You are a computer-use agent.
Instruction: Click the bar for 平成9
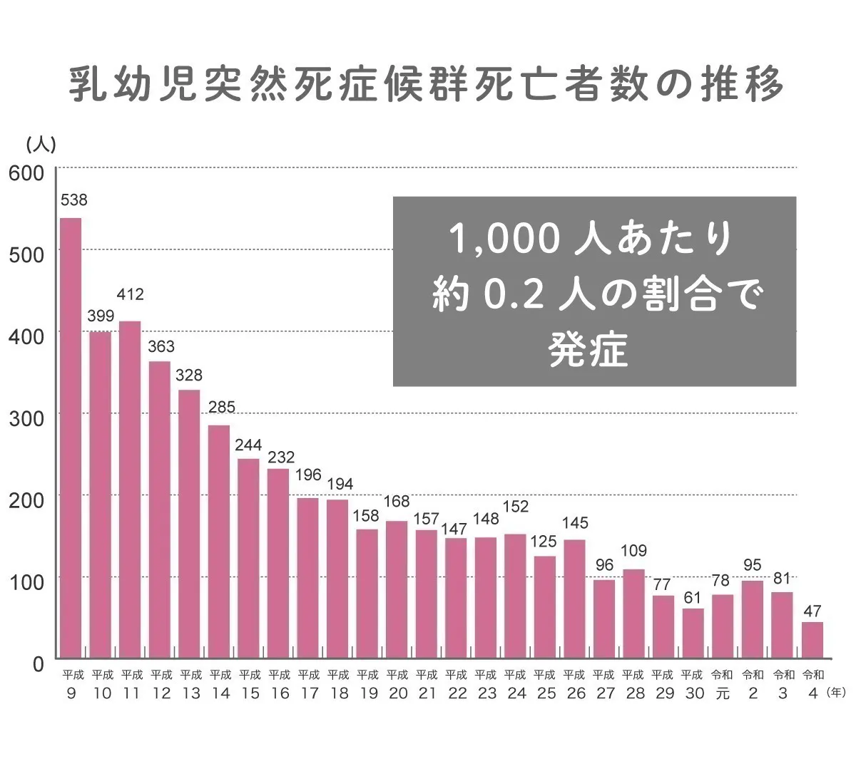point(71,438)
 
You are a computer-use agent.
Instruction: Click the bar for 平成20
point(397,589)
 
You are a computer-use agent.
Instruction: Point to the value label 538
point(74,200)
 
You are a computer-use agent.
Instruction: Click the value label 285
point(221,408)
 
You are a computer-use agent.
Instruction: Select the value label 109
point(634,551)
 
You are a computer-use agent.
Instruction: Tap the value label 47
point(812,611)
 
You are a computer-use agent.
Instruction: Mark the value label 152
point(516,507)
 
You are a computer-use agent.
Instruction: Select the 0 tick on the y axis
point(38,664)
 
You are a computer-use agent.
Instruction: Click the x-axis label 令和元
point(723,684)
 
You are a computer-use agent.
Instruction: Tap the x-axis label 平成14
point(221,684)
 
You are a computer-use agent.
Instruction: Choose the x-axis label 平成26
point(575,684)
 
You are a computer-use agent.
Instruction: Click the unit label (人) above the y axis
point(41,145)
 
